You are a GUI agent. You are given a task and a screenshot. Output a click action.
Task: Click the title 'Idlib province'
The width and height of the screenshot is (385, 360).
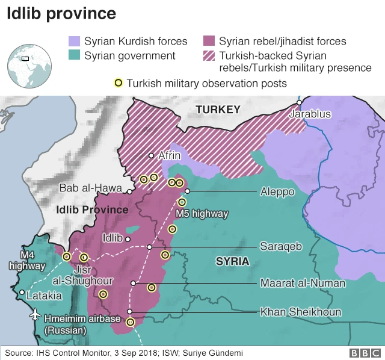[x=61, y=13]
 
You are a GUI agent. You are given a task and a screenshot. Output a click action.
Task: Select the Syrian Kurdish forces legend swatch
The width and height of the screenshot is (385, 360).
[x=74, y=42]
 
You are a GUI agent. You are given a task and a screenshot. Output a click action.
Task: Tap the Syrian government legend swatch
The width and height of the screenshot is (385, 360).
[x=74, y=56]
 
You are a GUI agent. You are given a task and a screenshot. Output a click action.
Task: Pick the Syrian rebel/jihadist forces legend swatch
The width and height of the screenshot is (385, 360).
[x=210, y=42]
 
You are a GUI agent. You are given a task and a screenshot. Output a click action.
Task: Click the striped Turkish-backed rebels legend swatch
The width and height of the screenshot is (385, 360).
[x=210, y=56]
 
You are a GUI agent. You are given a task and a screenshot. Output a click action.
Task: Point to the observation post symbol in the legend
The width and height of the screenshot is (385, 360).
[x=119, y=82]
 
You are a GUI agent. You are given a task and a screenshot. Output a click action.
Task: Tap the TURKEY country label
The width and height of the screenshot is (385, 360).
[x=218, y=109]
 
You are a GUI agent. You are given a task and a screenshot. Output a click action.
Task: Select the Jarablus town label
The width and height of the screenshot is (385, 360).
[x=309, y=114]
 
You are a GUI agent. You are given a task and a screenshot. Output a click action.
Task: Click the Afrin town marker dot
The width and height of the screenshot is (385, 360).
[x=152, y=155]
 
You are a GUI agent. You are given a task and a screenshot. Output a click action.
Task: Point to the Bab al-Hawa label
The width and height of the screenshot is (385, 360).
[x=91, y=188]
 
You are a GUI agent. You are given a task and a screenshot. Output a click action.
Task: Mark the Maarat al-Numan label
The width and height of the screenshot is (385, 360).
[x=303, y=283]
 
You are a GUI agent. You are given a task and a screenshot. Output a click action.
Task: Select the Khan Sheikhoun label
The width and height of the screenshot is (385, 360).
[x=300, y=312]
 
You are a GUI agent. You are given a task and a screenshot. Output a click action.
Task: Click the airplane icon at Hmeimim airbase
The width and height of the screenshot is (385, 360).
[x=34, y=315]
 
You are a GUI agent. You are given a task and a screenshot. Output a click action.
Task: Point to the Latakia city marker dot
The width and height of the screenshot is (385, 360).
[x=22, y=293]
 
